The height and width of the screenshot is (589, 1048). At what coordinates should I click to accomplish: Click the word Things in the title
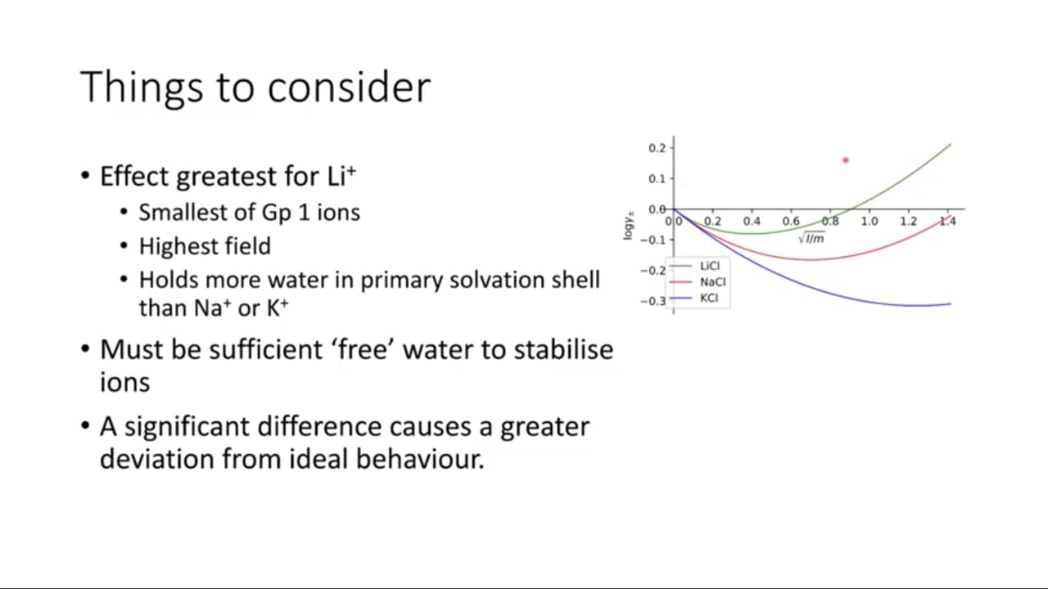point(142,88)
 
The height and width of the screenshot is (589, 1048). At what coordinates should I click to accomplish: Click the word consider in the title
point(349,87)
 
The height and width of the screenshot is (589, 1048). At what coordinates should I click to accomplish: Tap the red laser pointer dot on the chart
point(846,160)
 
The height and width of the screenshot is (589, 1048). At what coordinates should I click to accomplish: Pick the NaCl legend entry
point(697,282)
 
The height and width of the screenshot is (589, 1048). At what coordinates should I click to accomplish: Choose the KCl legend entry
point(693,298)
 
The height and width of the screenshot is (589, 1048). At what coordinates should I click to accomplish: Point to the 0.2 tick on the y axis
point(657,148)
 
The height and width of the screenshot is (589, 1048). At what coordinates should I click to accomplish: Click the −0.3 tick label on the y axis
point(653,301)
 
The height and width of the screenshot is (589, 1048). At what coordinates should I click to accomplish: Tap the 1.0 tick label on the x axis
point(870,221)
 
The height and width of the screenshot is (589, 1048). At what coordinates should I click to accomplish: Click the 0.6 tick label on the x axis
point(791,221)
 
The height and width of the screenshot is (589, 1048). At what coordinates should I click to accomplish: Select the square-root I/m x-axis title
point(811,238)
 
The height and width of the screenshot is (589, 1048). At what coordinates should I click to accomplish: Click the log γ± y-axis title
point(628,226)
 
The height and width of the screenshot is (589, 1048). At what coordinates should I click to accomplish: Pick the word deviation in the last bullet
point(156,459)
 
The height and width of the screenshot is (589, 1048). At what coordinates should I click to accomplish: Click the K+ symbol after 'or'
point(278,308)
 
